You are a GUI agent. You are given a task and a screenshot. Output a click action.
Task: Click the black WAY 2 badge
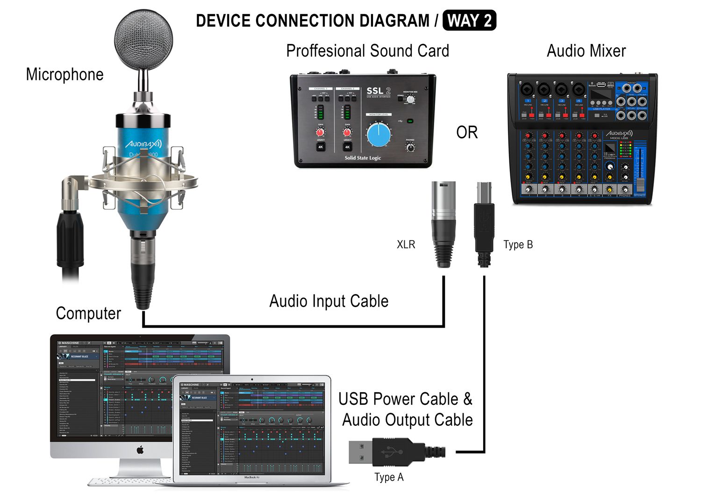[469, 21]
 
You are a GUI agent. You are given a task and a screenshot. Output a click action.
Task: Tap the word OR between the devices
[467, 133]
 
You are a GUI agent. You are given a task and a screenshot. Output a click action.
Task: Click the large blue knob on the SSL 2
[379, 135]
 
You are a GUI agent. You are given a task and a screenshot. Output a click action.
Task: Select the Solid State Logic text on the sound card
[363, 158]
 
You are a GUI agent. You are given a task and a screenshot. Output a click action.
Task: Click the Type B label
[518, 244]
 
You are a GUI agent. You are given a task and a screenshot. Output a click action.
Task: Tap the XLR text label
[406, 244]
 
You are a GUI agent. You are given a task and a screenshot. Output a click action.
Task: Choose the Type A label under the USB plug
[389, 477]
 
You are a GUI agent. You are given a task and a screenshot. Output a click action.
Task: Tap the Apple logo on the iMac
[140, 450]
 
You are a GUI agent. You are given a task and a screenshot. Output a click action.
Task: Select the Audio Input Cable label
[329, 301]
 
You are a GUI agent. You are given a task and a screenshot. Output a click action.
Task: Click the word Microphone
[64, 75]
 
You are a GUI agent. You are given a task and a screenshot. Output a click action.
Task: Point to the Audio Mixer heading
[586, 51]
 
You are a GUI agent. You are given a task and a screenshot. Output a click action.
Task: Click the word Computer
[88, 313]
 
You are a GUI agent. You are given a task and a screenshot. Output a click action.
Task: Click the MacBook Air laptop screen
[252, 428]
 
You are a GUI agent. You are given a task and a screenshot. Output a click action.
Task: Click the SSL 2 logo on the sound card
[378, 91]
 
